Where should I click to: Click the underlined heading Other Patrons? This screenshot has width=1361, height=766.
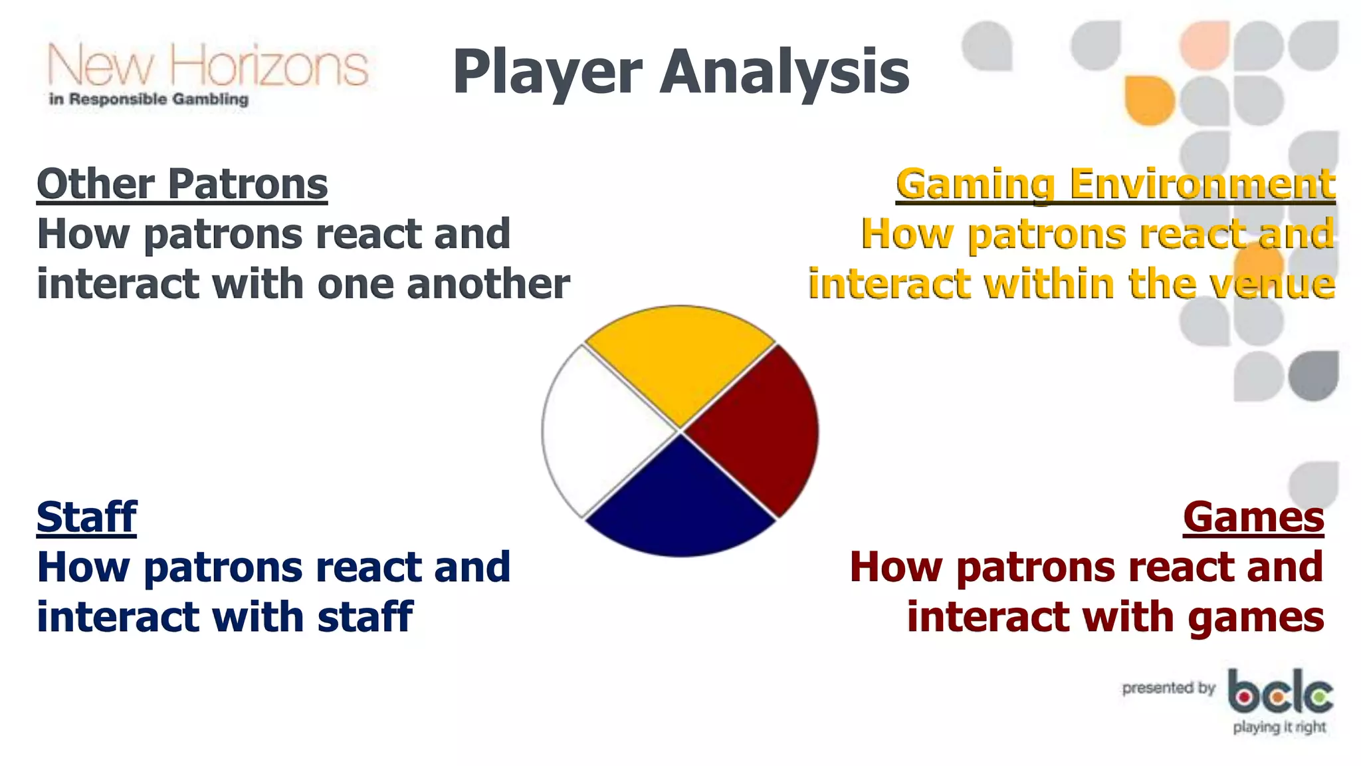tap(182, 184)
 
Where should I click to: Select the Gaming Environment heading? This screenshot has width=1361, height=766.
tap(1115, 184)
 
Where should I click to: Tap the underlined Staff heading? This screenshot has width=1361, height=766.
tap(86, 517)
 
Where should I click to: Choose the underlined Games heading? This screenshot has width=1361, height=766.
tap(1253, 517)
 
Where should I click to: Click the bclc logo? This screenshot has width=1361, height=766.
tap(1280, 692)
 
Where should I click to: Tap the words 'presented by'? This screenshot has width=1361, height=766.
tap(1168, 688)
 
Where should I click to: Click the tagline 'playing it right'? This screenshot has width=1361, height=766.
tap(1279, 727)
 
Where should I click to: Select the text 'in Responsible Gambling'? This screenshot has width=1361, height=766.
tap(149, 100)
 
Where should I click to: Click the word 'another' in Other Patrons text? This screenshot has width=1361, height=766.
tap(488, 285)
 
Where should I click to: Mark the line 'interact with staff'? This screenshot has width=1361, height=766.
tap(225, 617)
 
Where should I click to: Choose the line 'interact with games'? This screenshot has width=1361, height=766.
tap(1115, 617)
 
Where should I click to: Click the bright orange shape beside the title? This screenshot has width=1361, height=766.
tap(1149, 100)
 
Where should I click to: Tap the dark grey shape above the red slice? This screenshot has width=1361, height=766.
tap(1313, 376)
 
